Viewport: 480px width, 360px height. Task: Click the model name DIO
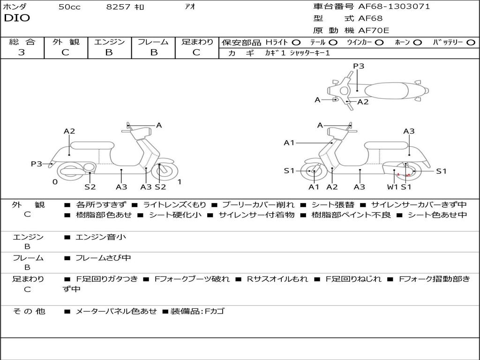point(17,18)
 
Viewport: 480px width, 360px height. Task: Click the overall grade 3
point(22,52)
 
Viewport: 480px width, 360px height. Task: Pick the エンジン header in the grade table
point(109,42)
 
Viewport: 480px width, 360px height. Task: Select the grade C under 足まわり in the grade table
point(196,52)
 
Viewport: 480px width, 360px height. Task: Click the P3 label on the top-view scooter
point(359,66)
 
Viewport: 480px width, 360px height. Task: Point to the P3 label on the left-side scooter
point(37,164)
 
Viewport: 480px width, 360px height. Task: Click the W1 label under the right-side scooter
point(392,187)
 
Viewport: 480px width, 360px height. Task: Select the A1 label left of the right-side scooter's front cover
point(289,142)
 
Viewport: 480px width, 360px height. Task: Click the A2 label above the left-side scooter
point(69,131)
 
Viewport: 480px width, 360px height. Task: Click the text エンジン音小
point(101,237)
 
